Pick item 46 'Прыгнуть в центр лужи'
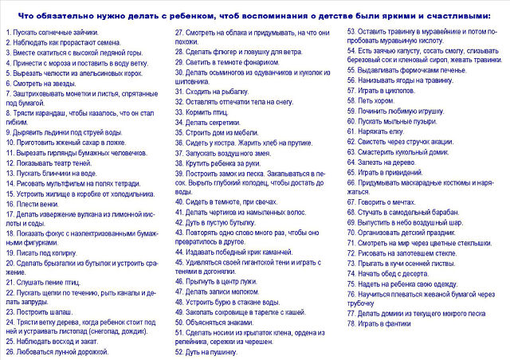(x=219, y=281)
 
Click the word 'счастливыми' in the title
(x=458, y=14)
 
